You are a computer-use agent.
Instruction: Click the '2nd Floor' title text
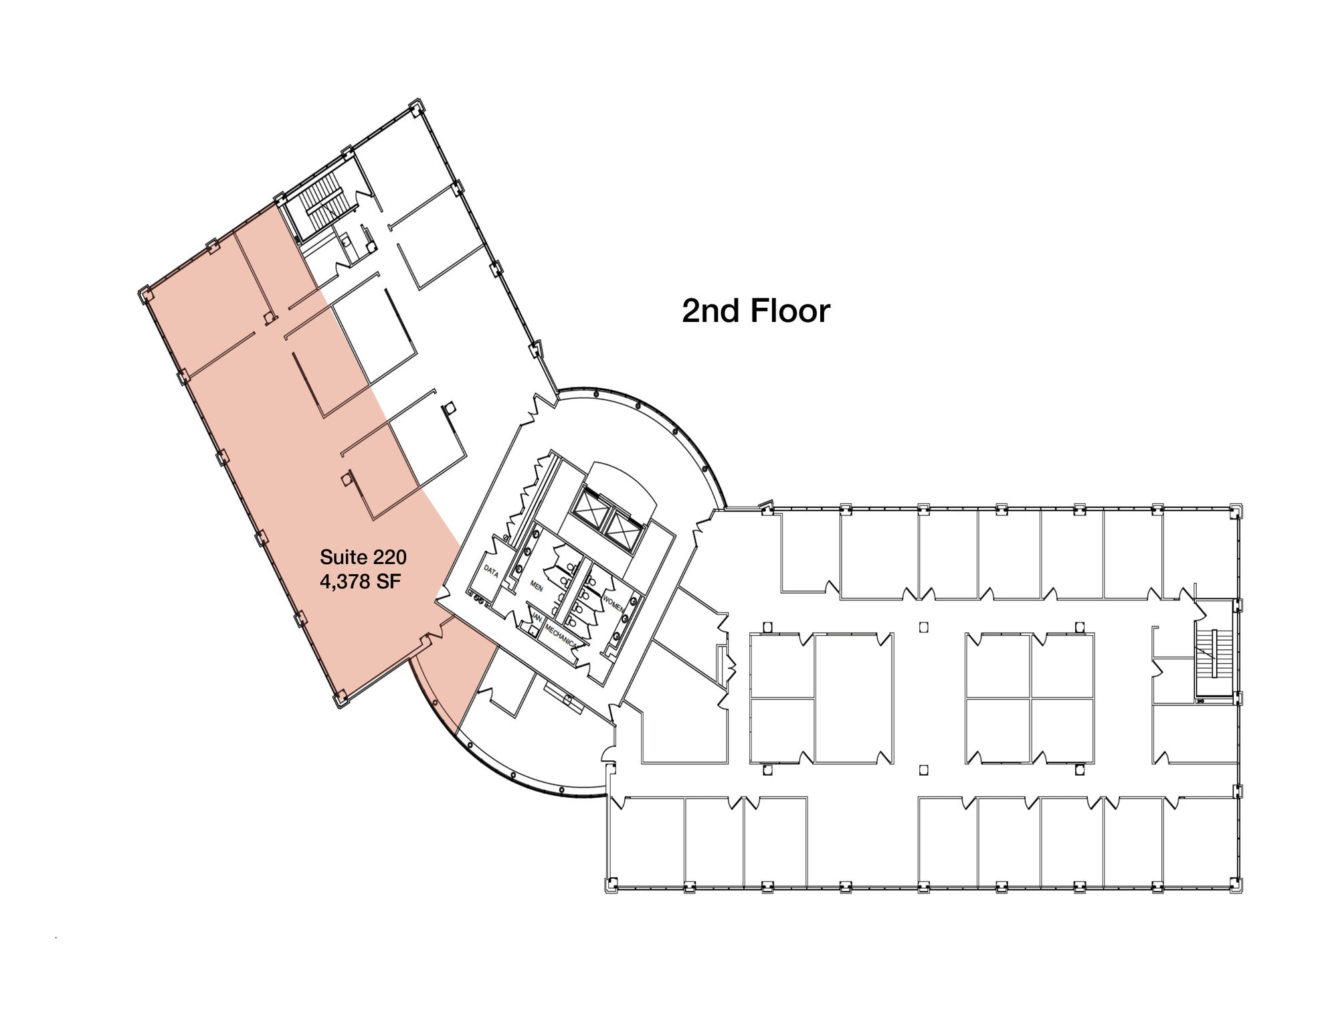pyautogui.click(x=755, y=311)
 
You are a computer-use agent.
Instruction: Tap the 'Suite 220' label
pyautogui.click(x=363, y=557)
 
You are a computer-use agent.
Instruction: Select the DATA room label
pyautogui.click(x=491, y=571)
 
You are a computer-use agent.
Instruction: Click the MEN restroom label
pyautogui.click(x=537, y=585)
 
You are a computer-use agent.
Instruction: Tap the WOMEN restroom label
pyautogui.click(x=613, y=602)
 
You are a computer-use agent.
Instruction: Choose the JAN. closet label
pyautogui.click(x=537, y=619)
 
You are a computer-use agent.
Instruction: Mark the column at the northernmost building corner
pyautogui.click(x=416, y=107)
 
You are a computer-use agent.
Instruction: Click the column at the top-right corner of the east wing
pyautogui.click(x=1236, y=510)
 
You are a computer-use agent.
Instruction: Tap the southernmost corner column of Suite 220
pyautogui.click(x=340, y=699)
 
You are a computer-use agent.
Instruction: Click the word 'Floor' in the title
pyautogui.click(x=790, y=311)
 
